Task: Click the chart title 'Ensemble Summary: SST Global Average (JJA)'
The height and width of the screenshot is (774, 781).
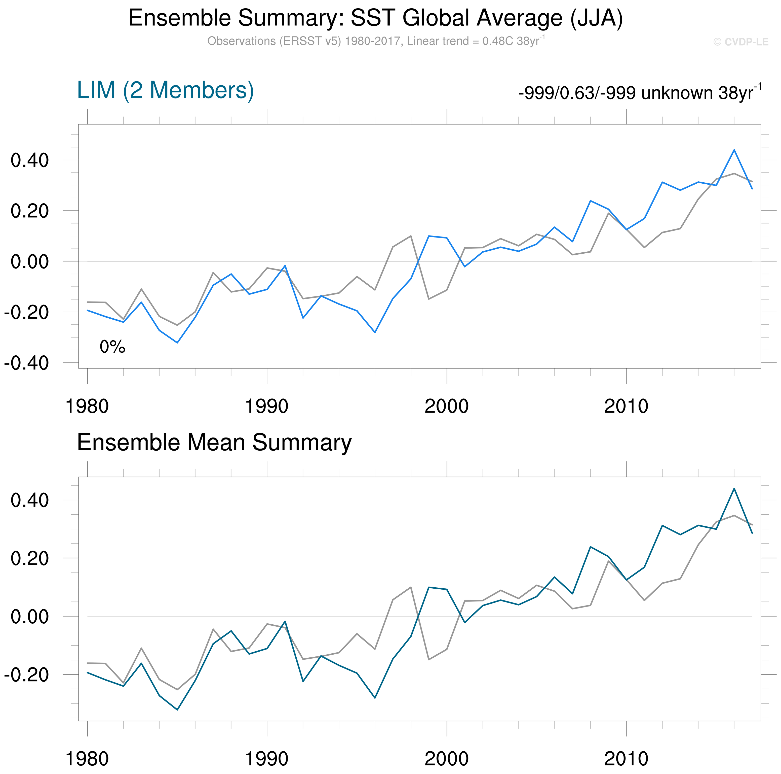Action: click(x=376, y=18)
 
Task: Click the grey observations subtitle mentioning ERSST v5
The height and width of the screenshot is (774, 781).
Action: click(x=376, y=41)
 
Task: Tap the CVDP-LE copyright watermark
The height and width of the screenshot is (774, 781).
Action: click(x=740, y=42)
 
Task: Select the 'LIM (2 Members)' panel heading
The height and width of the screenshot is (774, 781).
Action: click(x=165, y=90)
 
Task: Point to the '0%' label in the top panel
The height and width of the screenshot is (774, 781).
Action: click(x=112, y=347)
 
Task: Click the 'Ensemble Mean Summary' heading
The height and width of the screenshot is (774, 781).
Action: click(x=214, y=442)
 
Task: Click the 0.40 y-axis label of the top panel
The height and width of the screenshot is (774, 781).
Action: click(x=29, y=160)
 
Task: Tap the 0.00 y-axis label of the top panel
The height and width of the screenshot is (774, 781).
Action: click(x=29, y=262)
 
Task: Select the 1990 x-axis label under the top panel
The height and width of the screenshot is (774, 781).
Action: click(x=267, y=406)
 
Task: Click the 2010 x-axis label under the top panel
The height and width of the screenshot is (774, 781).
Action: click(x=626, y=406)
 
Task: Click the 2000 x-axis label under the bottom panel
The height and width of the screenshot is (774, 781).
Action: click(x=446, y=759)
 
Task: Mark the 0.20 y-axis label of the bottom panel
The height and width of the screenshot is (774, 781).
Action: click(x=29, y=558)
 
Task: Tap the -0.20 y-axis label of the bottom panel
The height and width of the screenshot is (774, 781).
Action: click(x=27, y=675)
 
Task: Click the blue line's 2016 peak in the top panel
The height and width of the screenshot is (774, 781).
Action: click(x=734, y=150)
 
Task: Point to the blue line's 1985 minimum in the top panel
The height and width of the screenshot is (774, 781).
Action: click(x=177, y=343)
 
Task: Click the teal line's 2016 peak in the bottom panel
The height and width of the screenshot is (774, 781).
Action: click(x=734, y=488)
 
